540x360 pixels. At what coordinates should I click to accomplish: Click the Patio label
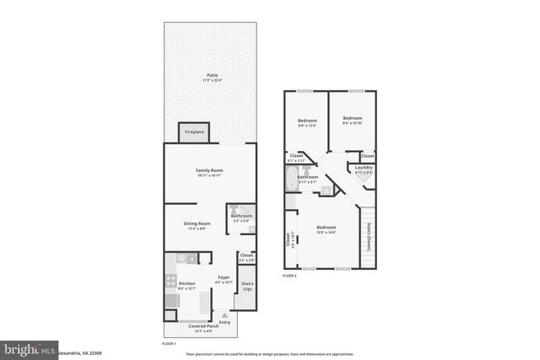(x=212, y=76)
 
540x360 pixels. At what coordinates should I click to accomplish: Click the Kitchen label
(x=186, y=284)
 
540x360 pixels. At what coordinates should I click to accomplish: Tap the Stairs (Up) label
(x=248, y=286)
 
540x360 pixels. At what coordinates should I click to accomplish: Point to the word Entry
(x=224, y=321)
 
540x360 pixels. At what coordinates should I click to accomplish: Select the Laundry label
(x=364, y=168)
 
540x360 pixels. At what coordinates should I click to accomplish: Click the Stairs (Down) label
(x=370, y=239)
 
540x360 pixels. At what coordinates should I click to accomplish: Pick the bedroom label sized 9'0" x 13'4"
(x=306, y=121)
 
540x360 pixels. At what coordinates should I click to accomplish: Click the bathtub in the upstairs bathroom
(x=290, y=179)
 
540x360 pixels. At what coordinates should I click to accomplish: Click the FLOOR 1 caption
(x=169, y=344)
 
